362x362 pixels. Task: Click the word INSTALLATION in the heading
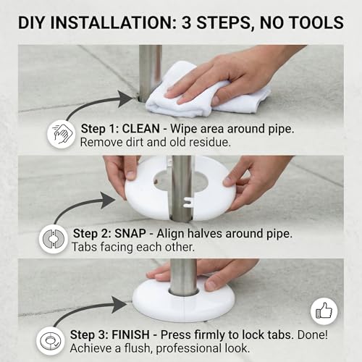[x=114, y=22]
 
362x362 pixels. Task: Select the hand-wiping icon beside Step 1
[x=62, y=134]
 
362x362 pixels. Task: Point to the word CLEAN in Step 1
[x=141, y=129]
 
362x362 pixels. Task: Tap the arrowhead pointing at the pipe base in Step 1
[x=125, y=98]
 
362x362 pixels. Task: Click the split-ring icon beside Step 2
[x=54, y=239]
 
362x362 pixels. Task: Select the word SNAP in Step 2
[x=130, y=234]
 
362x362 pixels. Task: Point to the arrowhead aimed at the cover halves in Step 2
[x=108, y=200]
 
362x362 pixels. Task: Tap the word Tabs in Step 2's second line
[x=85, y=247]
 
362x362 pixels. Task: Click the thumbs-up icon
[x=324, y=311]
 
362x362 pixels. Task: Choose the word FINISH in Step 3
[x=130, y=335]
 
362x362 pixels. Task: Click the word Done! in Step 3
[x=313, y=335]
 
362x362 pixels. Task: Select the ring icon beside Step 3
[x=51, y=341]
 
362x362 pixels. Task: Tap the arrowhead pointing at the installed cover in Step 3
[x=120, y=305]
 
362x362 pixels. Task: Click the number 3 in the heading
[x=186, y=22]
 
